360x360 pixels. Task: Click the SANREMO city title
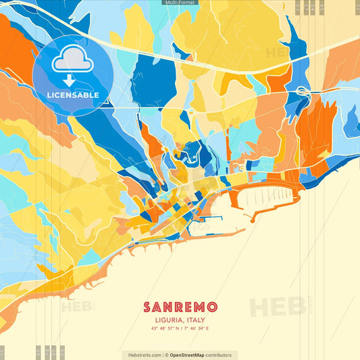[180, 307]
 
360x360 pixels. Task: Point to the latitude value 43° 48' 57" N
[165, 329]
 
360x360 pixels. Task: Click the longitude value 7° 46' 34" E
[197, 329]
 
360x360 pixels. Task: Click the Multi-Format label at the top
[180, 3]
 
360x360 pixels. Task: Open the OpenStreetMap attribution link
[191, 355]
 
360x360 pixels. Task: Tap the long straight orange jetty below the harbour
[216, 234]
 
